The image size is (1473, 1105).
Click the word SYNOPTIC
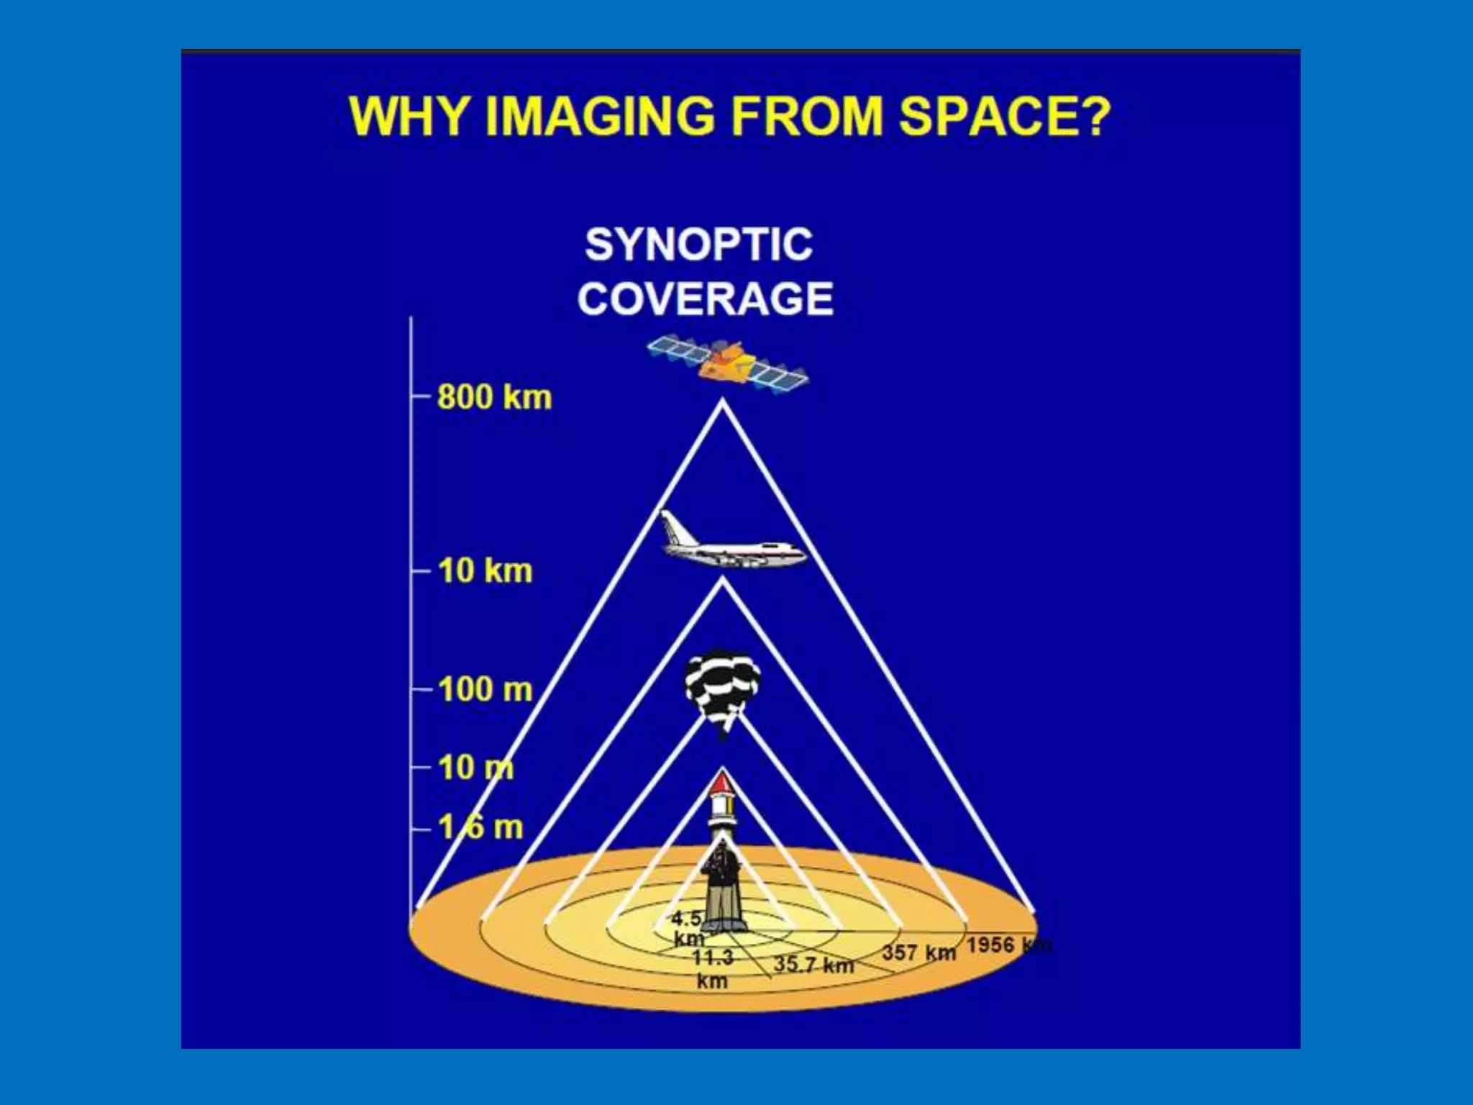tap(698, 245)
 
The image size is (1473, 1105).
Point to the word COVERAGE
tap(705, 299)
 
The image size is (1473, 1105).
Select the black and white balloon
tap(722, 688)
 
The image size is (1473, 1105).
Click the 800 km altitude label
tap(494, 397)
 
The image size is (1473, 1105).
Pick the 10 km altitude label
tap(485, 571)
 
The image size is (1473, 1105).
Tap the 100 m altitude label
tap(485, 689)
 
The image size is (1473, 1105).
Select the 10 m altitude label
tap(475, 768)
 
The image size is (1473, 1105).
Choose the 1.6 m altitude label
tap(480, 827)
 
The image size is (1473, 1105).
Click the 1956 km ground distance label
tap(1007, 945)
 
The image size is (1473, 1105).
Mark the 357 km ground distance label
tap(918, 952)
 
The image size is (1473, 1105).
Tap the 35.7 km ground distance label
tap(813, 964)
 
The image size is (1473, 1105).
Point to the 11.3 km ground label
tap(712, 968)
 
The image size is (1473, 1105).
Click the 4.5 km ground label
tap(687, 928)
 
